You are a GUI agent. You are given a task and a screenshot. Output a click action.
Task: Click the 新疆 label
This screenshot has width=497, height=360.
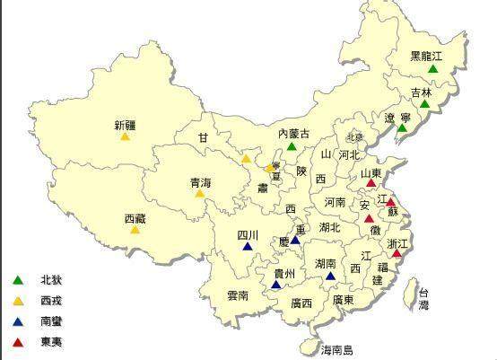click(125, 125)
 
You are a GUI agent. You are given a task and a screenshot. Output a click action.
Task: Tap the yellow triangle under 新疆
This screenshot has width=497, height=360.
click(125, 138)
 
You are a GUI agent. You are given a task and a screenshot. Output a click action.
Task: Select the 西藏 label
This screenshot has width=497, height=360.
click(135, 217)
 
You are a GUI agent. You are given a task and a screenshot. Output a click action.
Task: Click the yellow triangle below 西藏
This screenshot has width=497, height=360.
click(135, 230)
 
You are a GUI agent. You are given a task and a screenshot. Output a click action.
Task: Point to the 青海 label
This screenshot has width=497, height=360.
click(200, 182)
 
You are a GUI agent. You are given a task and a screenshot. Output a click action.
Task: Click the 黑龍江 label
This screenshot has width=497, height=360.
click(427, 56)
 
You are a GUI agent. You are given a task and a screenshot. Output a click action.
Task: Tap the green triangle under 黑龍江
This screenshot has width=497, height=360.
click(433, 69)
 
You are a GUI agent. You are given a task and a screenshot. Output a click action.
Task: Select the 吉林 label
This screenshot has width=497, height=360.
click(421, 92)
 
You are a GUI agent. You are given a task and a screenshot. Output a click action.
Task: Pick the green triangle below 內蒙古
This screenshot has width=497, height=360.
click(292, 145)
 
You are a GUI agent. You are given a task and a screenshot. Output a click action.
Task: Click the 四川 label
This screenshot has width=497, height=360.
click(248, 235)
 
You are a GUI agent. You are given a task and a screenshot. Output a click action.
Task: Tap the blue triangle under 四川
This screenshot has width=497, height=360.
click(248, 247)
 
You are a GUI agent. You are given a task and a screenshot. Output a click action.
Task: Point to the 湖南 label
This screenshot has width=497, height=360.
click(327, 263)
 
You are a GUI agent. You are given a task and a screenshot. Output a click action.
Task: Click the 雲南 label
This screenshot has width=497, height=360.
click(238, 294)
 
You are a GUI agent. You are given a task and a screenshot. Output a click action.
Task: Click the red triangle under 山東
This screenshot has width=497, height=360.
click(371, 184)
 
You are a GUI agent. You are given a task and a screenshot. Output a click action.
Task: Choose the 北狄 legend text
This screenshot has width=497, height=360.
click(51, 280)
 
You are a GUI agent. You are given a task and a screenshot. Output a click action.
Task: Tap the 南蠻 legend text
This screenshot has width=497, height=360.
click(51, 320)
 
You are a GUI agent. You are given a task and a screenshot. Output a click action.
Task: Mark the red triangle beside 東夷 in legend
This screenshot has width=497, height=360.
click(18, 342)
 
